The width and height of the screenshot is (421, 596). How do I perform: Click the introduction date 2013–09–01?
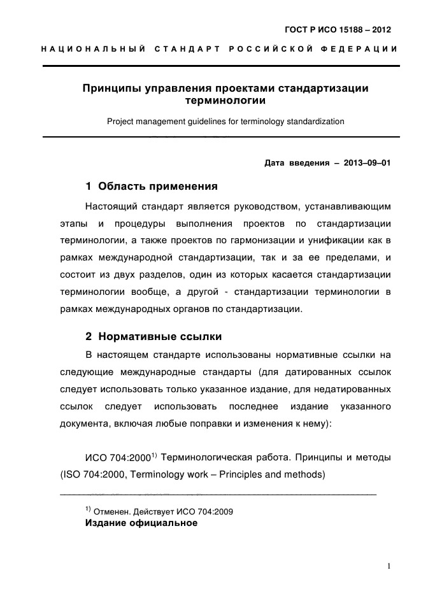[x=366, y=162]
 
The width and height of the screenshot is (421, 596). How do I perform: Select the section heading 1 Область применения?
[x=151, y=187]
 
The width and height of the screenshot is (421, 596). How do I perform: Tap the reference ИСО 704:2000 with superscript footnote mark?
[x=121, y=457]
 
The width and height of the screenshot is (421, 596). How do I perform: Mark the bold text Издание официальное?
[x=141, y=523]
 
